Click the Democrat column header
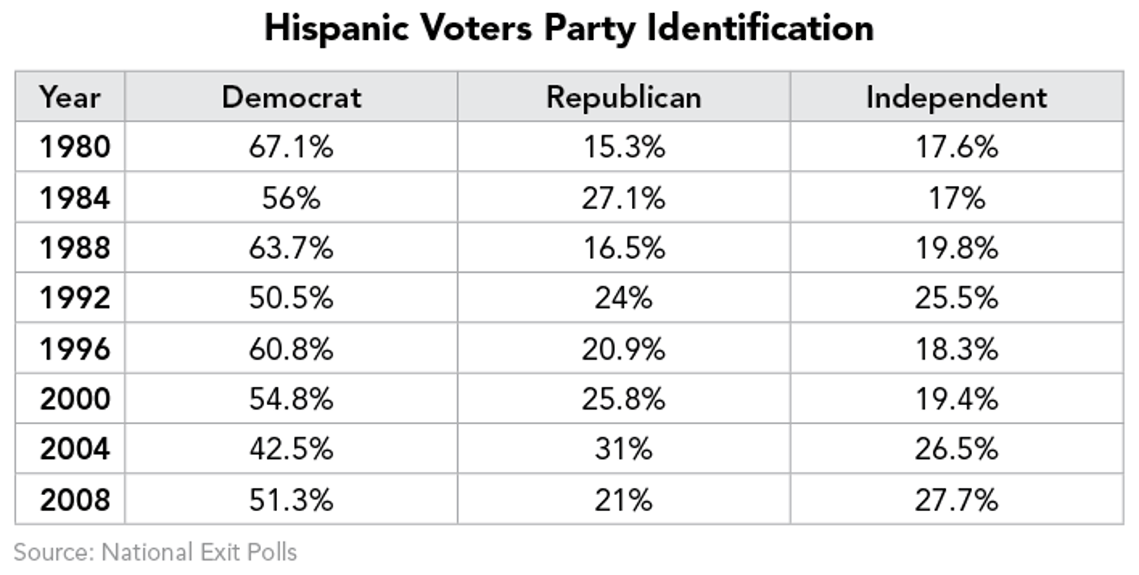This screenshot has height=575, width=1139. [x=292, y=98]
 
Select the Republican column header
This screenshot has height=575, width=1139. [x=623, y=98]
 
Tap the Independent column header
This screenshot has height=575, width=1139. [x=956, y=98]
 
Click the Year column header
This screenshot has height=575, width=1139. [x=70, y=98]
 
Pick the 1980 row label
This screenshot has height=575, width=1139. [x=75, y=147]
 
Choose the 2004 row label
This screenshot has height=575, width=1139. [x=75, y=449]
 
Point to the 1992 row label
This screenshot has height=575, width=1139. [x=75, y=298]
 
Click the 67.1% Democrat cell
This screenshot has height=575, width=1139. [x=291, y=147]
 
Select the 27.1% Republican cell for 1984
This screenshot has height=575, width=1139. [x=623, y=198]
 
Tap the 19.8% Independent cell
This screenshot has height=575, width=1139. [x=956, y=248]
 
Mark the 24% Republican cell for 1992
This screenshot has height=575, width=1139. [x=623, y=298]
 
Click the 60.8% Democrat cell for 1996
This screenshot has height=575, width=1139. [x=291, y=349]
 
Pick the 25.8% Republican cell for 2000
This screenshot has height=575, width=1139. [x=623, y=399]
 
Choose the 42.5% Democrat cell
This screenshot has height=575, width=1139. [x=291, y=449]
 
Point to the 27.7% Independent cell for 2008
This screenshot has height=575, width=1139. [x=956, y=500]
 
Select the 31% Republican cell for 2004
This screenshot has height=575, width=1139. [x=623, y=449]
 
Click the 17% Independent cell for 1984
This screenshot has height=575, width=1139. [x=956, y=198]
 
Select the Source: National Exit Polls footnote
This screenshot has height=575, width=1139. [x=155, y=552]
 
